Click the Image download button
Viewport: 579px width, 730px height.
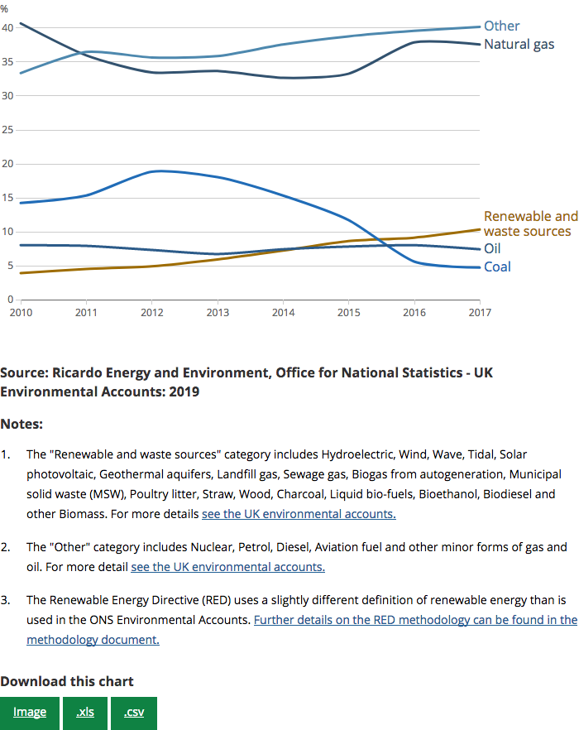(x=30, y=713)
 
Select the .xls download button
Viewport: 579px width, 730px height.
(x=85, y=713)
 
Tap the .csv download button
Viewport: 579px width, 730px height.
(x=134, y=713)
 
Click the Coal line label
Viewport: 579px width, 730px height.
(x=497, y=267)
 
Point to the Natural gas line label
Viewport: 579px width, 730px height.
(x=519, y=44)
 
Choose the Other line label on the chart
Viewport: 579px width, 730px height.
(x=501, y=26)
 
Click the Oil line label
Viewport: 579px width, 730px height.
(x=492, y=248)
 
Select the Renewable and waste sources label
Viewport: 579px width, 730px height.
(x=530, y=223)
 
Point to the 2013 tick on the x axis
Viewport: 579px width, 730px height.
(x=218, y=313)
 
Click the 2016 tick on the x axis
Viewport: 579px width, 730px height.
(x=414, y=313)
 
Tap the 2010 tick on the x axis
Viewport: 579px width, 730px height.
(x=21, y=313)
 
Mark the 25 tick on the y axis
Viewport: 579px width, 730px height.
(x=7, y=130)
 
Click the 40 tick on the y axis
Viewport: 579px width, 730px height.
(x=7, y=28)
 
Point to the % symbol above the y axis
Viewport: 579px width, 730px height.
(x=4, y=9)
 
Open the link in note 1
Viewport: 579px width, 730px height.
(x=299, y=514)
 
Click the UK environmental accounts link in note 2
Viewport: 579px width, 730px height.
(x=227, y=567)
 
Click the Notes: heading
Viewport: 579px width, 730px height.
(x=22, y=425)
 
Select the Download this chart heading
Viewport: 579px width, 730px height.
(x=66, y=682)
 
